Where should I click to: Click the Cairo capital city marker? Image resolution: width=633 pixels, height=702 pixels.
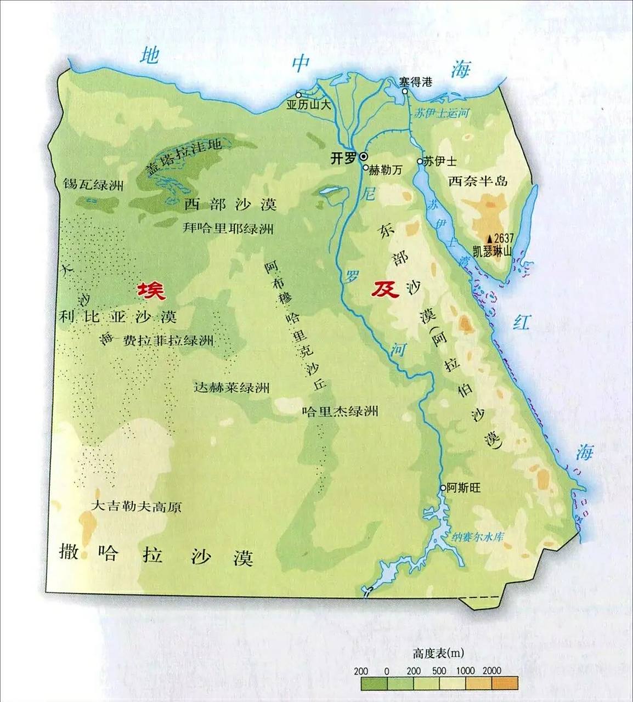click(x=364, y=158)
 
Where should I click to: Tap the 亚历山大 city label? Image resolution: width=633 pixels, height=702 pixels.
click(x=309, y=105)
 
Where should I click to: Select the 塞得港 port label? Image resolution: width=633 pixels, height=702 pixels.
click(x=415, y=82)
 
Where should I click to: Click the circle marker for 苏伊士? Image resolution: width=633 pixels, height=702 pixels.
click(x=420, y=162)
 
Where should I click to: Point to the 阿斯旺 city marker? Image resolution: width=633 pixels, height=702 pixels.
click(x=443, y=488)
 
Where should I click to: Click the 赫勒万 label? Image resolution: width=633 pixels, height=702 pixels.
click(x=386, y=170)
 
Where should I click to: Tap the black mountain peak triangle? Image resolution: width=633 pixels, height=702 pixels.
click(x=490, y=239)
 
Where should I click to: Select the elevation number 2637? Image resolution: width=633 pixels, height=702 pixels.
click(x=504, y=238)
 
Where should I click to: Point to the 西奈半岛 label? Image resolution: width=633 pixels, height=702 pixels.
click(x=478, y=181)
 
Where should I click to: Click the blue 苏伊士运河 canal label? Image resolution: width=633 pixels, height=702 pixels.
click(x=442, y=114)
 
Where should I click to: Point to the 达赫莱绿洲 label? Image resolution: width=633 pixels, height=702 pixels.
click(x=232, y=387)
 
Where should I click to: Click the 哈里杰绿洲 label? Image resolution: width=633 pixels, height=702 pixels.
click(x=340, y=411)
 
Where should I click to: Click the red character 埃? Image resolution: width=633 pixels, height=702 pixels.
click(x=151, y=290)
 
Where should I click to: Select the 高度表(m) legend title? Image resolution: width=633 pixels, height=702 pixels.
click(x=439, y=653)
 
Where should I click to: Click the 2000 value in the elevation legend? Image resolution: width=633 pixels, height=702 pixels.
click(x=492, y=670)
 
